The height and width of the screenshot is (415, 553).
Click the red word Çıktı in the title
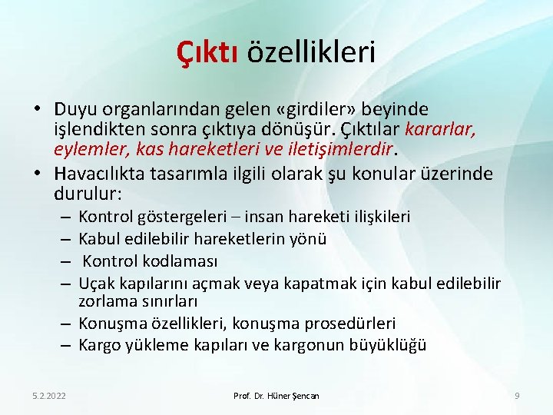[x=207, y=53]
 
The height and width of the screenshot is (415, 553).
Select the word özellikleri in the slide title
[x=311, y=53]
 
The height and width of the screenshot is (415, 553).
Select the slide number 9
[x=517, y=395]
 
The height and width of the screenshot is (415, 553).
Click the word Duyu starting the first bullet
[x=73, y=109]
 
